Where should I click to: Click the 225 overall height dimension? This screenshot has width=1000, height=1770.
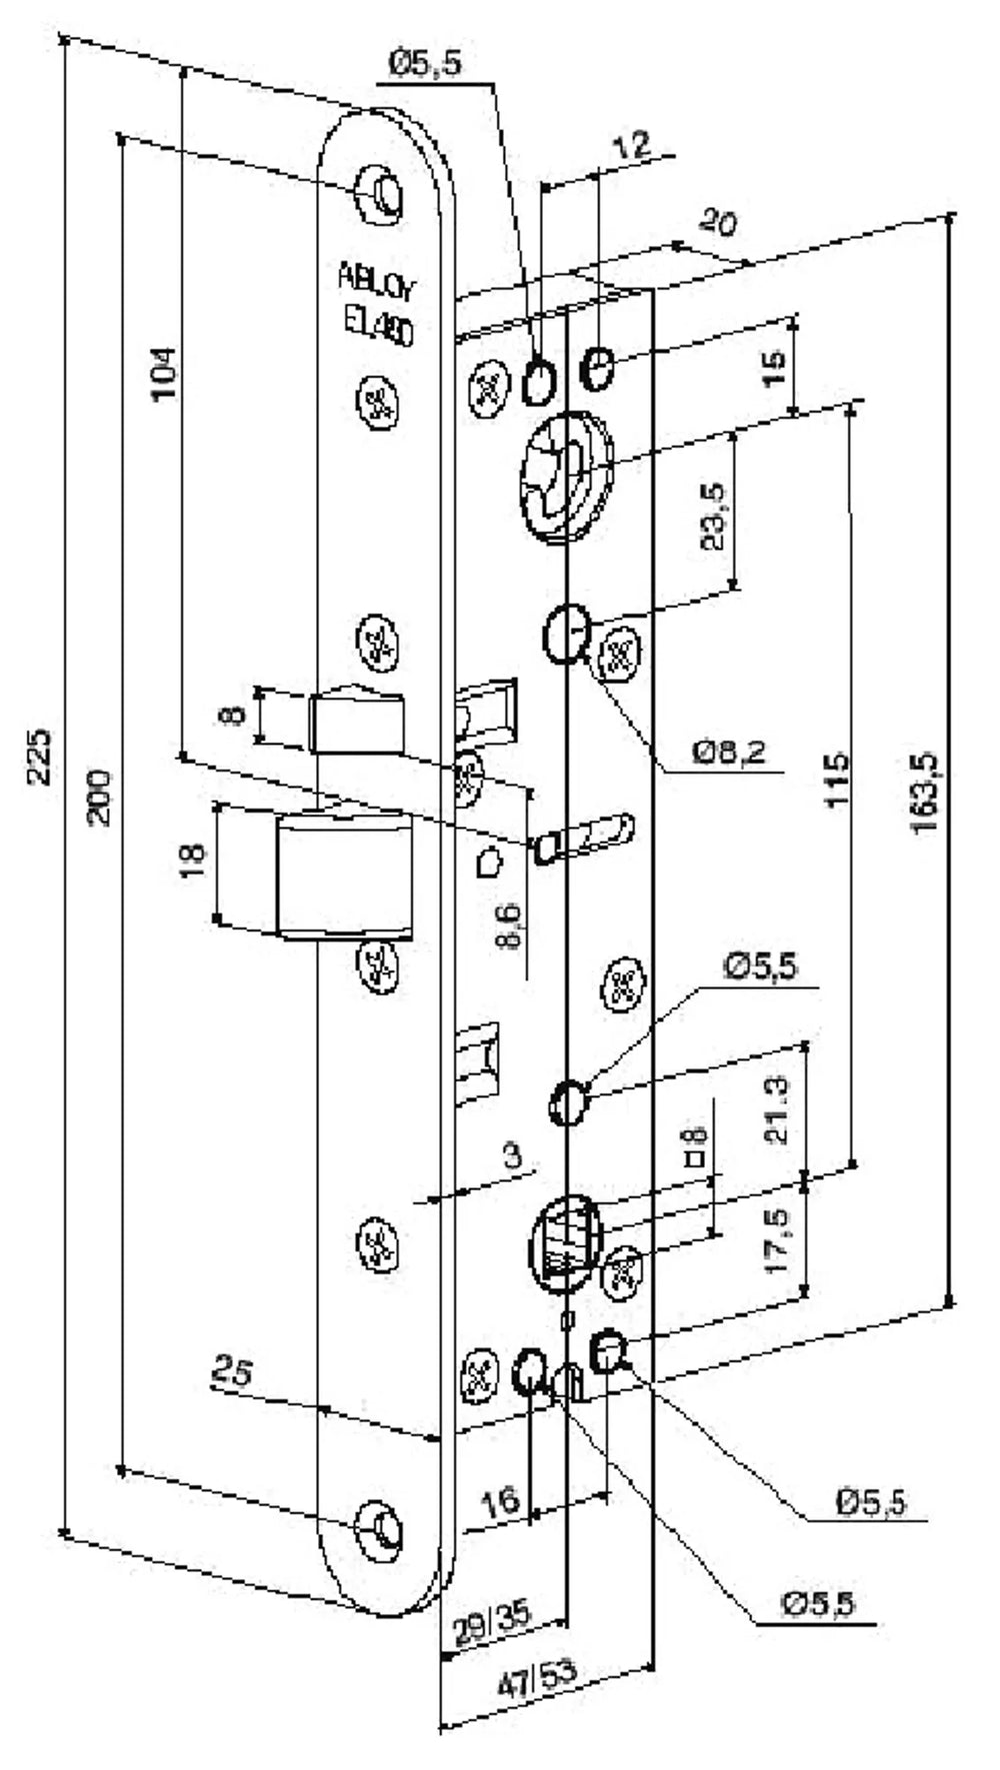[x=39, y=758]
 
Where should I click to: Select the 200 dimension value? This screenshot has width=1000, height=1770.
[x=100, y=798]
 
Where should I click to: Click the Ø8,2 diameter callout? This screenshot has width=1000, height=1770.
[x=730, y=752]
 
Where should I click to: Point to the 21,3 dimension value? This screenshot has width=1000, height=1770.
[x=777, y=1109]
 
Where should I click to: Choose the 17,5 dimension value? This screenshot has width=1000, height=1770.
[x=777, y=1241]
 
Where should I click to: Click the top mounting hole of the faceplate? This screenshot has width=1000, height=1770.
[x=381, y=190]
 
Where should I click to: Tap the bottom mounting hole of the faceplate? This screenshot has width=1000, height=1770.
[x=381, y=1528]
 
